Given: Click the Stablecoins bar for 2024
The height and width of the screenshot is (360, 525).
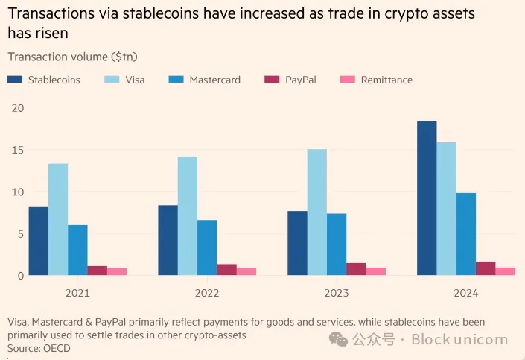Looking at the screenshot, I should point(427,198).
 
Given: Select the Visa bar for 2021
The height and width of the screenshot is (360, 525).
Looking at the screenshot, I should point(58,220).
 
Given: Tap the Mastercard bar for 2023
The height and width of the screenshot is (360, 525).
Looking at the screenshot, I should point(337,244).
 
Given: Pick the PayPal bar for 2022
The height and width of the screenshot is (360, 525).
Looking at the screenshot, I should point(226,270).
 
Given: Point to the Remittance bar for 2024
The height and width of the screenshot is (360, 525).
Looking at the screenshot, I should point(506,271).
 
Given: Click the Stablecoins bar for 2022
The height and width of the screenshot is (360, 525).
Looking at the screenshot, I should point(168,240).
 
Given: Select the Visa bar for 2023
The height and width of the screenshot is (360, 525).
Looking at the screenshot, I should point(317,212).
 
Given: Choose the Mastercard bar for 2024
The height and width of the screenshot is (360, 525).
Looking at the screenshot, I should point(466,234).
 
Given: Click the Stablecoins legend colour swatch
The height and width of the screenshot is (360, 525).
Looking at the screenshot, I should point(15,80).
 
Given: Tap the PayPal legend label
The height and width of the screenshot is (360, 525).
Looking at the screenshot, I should point(300,80).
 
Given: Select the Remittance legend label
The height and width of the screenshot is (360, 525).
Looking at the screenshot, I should point(386,80).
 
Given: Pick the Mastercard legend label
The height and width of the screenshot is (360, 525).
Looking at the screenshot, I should point(214,80).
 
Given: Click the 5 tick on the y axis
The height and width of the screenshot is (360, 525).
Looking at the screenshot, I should point(20,234).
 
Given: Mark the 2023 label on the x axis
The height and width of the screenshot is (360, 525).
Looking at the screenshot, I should point(337,293).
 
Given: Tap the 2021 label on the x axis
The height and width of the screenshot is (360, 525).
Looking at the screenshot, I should point(78,293).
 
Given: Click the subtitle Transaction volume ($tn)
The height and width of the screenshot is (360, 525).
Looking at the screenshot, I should point(72,57).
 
